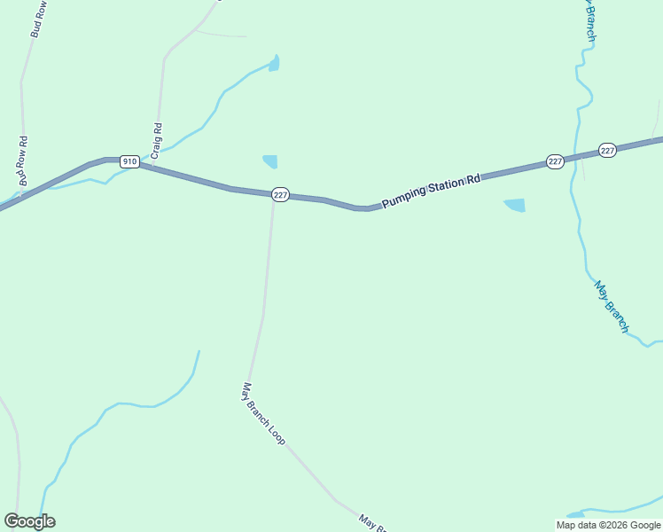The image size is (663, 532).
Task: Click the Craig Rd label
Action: (157, 140)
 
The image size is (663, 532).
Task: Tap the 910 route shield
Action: (129, 161)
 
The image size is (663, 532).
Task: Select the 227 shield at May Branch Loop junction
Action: (279, 195)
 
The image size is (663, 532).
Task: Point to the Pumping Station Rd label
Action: (431, 191)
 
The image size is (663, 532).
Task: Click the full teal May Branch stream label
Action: (612, 307)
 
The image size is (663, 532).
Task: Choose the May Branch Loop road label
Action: (263, 413)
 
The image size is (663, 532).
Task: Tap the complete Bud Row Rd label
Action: (23, 160)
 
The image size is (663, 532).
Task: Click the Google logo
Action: (29, 521)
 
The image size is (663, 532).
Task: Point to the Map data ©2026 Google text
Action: (608, 525)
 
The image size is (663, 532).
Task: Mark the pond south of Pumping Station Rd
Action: (515, 205)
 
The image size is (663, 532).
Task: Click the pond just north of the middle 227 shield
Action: (270, 161)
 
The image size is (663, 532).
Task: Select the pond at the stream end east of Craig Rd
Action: (274, 63)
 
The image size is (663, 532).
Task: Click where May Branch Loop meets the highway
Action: (273, 197)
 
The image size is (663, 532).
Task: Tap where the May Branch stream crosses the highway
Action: (576, 157)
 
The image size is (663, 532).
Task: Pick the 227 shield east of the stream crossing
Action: (607, 151)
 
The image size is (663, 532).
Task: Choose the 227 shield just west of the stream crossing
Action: (555, 161)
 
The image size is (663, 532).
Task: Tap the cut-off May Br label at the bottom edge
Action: (373, 523)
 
